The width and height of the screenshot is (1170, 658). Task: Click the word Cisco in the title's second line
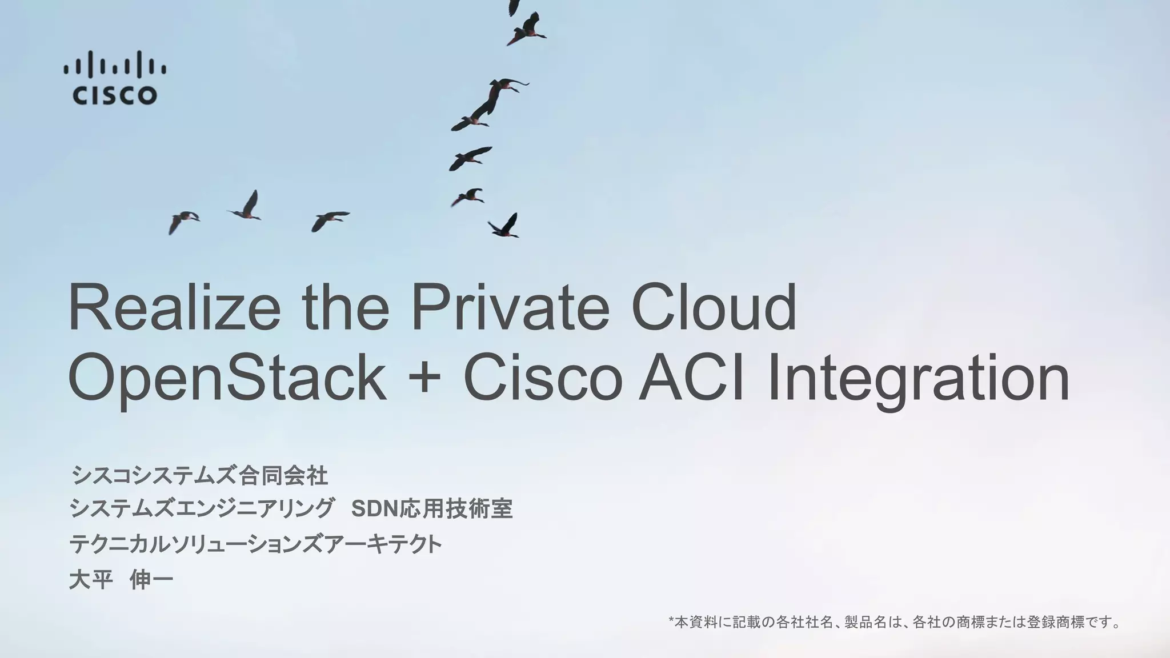542,378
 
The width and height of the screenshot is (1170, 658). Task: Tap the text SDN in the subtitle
374,508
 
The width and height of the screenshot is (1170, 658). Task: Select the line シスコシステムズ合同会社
199,475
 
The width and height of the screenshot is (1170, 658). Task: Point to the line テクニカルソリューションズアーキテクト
256,544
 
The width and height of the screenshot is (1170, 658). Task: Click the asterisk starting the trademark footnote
671,620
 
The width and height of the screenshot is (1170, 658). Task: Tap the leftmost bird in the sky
183,221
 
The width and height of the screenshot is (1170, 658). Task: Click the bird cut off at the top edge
514,7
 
